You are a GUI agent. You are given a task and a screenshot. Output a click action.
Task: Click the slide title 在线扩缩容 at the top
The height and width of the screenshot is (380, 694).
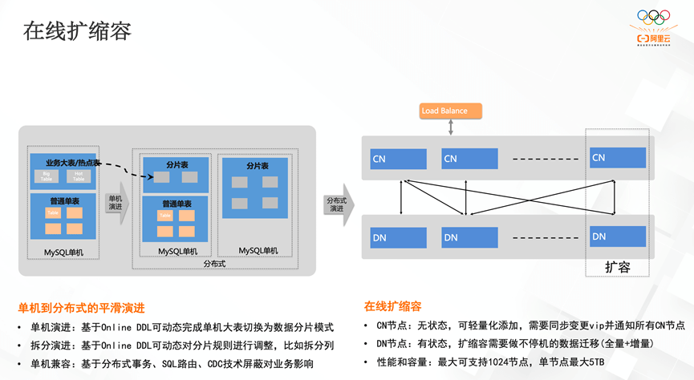coord(77,31)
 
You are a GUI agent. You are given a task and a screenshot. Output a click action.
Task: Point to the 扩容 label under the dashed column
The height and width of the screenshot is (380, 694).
coord(617,267)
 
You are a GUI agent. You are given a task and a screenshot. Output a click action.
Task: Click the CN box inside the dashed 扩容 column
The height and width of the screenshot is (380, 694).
coord(617,158)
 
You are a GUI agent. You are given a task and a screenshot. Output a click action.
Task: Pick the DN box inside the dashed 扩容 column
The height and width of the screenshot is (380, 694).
coord(617,236)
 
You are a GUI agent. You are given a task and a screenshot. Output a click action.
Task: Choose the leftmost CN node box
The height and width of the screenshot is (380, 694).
coord(399,159)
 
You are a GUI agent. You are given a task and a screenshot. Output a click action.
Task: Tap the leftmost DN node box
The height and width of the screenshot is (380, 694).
coord(399,237)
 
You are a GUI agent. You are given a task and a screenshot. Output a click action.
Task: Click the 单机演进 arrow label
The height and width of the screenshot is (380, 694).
coord(115,203)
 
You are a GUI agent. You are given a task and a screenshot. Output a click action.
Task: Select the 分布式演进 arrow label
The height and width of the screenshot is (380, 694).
coord(335,204)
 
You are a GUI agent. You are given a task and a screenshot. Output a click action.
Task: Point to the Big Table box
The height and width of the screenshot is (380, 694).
coord(46,176)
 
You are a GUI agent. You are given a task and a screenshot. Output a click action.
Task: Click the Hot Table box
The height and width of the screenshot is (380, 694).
coord(79,176)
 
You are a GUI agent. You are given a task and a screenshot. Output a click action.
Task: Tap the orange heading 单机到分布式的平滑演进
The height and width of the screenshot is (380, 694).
coord(81,308)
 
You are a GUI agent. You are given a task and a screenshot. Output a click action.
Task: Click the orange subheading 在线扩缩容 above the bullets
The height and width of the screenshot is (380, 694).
coord(392,306)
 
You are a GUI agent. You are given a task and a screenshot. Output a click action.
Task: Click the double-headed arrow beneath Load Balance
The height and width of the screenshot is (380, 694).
coord(452,127)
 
